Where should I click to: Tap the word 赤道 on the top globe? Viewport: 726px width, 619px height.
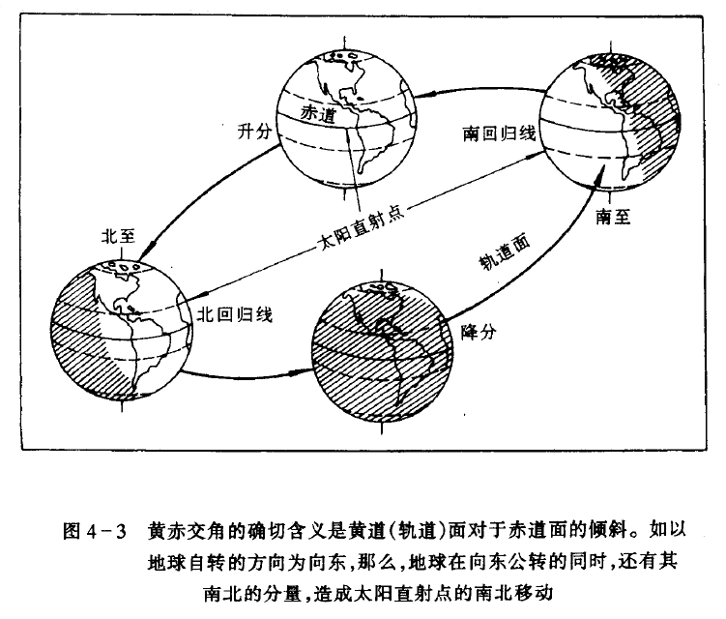(319, 112)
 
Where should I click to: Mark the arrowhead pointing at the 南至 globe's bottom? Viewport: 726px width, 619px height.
(600, 178)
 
